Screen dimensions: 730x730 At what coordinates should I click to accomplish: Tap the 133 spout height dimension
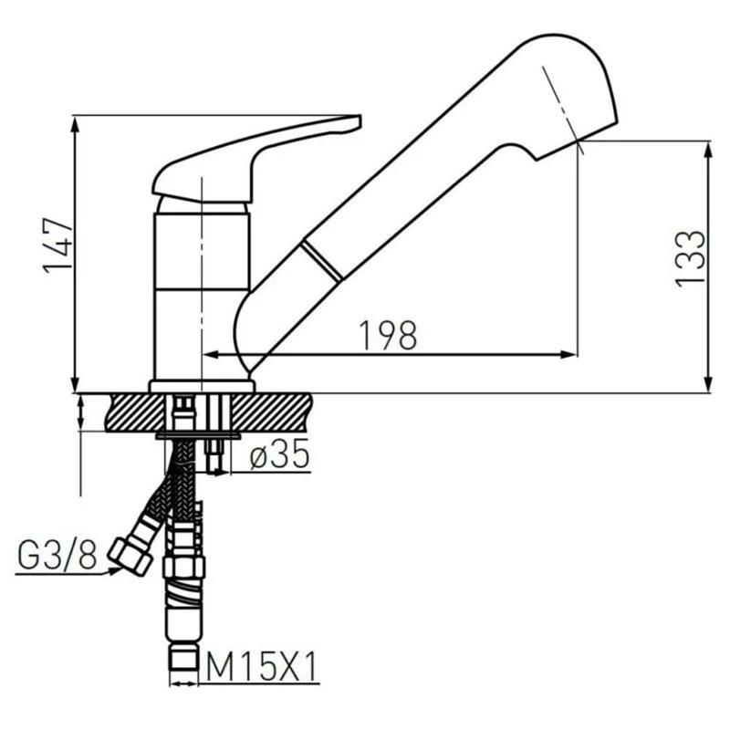[x=691, y=259]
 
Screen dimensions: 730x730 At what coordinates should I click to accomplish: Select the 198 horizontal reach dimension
[x=389, y=335]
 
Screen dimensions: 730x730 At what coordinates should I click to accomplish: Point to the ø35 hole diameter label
[x=279, y=454]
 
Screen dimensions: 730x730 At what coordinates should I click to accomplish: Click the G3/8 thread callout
[x=57, y=555]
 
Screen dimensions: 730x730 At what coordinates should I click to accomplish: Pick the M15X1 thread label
[x=262, y=667]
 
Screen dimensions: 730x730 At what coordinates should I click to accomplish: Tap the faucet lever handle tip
[x=356, y=122]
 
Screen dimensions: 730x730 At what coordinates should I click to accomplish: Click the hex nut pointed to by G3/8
[x=130, y=556]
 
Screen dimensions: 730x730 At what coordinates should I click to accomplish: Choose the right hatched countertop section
[x=271, y=412]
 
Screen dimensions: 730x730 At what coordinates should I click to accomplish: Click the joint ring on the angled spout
[x=322, y=262]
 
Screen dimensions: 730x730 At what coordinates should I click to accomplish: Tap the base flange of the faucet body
[x=202, y=386]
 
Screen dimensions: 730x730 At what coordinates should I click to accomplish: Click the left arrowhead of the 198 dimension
[x=212, y=355]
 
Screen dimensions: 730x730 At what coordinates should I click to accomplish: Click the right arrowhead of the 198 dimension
[x=568, y=355]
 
